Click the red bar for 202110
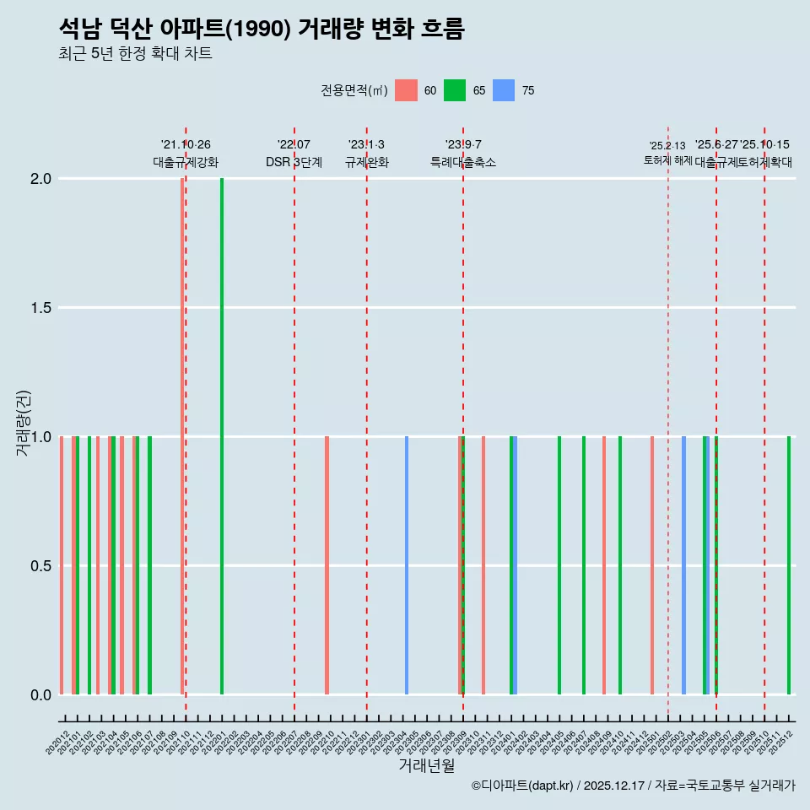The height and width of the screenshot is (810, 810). (182, 436)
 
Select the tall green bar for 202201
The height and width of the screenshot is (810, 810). (222, 436)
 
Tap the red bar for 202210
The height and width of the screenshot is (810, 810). (327, 565)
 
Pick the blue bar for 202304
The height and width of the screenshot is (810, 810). (407, 565)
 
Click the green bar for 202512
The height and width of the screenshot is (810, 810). (789, 565)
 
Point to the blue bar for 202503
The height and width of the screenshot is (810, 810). (683, 565)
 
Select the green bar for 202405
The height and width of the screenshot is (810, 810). (559, 565)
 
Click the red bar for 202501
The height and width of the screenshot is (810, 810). (652, 565)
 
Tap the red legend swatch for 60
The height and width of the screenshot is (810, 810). (406, 90)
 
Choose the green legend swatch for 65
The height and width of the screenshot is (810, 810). (455, 90)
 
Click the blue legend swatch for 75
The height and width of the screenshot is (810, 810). (504, 90)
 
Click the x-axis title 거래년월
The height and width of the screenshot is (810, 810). (426, 766)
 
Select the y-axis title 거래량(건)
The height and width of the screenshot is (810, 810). (24, 422)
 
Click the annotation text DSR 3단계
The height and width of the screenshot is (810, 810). (294, 162)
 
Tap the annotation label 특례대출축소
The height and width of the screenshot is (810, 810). (463, 162)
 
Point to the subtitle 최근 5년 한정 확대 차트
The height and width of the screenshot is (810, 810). (135, 54)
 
